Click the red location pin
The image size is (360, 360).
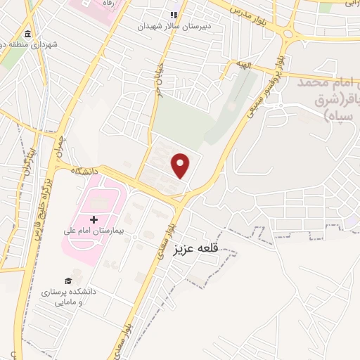[181, 165]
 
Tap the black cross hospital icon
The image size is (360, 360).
[94, 220]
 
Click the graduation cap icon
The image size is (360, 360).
[69, 281]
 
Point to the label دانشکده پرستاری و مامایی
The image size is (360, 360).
[71, 296]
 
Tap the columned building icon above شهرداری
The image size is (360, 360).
[27, 34]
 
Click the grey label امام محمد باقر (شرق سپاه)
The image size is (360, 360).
[329, 98]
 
